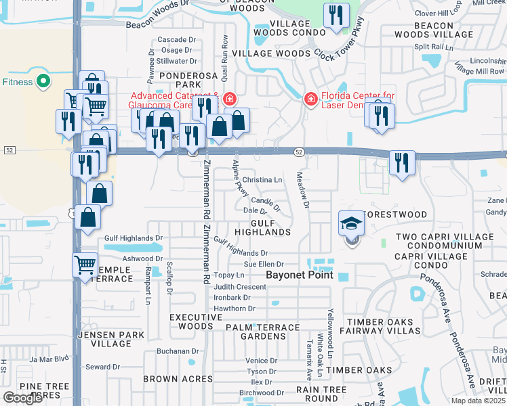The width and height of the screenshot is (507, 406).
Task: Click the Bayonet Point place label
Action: (x=300, y=275)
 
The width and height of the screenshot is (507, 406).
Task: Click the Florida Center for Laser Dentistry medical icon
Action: (x=310, y=99)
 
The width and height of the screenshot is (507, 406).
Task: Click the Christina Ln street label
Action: (x=262, y=180)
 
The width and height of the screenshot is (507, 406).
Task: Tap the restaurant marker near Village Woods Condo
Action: (x=336, y=16)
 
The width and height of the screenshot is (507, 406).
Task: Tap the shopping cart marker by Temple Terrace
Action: (x=85, y=265)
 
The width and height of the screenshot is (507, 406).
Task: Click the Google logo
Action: (x=22, y=398)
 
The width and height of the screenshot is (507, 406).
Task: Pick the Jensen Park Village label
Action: (x=104, y=339)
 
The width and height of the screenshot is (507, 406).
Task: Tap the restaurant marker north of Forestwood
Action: (x=401, y=163)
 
